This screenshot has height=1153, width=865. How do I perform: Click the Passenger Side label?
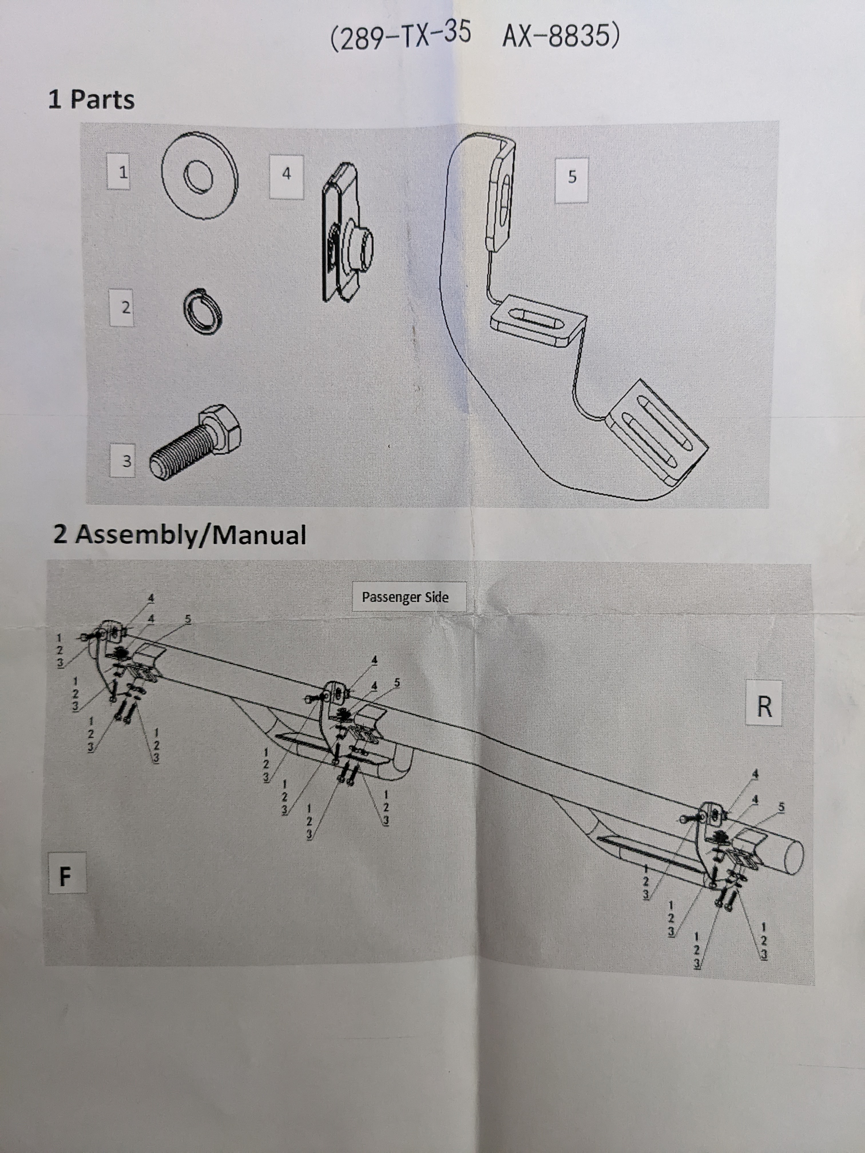[x=405, y=597]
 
